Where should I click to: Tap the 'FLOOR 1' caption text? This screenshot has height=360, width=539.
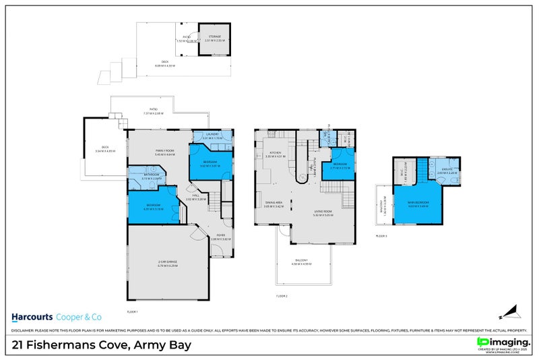(132, 311)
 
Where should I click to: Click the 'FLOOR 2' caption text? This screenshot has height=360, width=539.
(282, 296)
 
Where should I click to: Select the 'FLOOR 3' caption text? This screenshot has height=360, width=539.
(381, 236)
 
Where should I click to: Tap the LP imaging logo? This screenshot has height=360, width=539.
(502, 343)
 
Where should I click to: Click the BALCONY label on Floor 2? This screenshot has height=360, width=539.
(300, 261)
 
